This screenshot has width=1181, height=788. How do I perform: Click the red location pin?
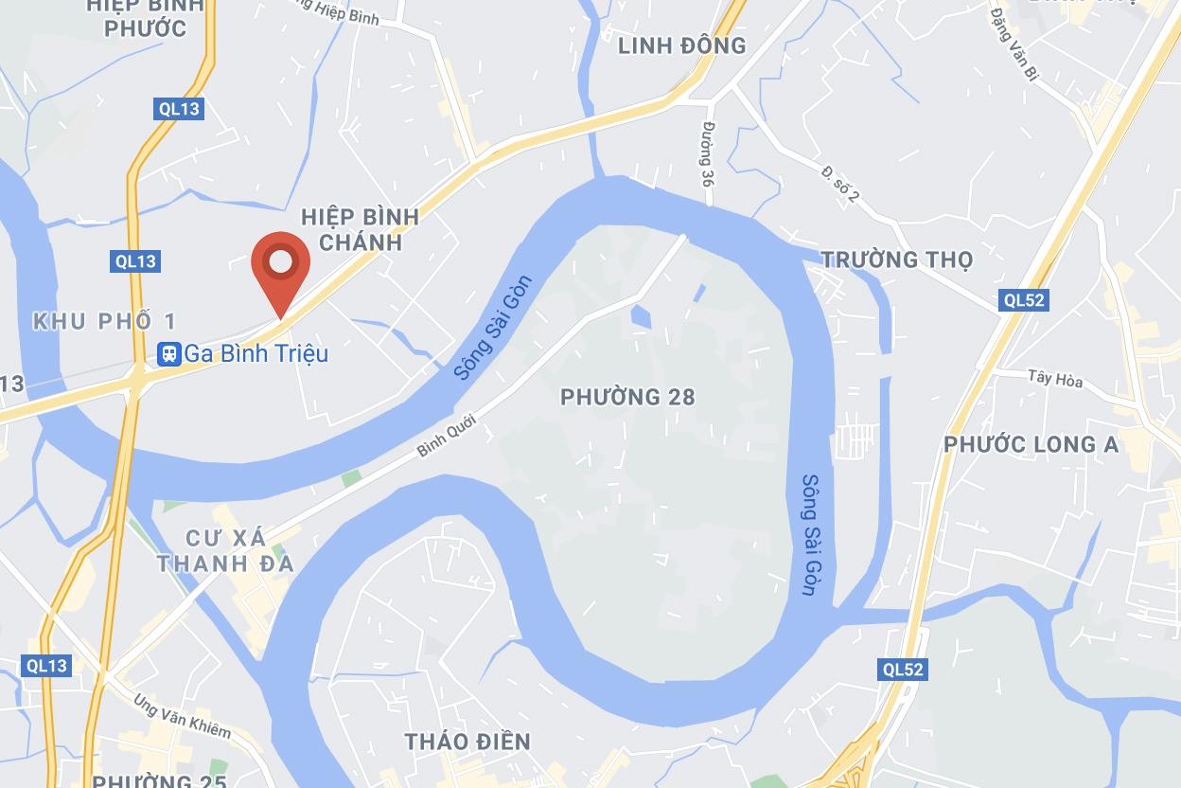coord(281,264)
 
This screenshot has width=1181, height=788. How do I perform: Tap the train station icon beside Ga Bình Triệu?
coord(168,354)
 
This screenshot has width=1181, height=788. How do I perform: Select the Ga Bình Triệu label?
coord(256,354)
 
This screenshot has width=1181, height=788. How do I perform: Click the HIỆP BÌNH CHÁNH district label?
coord(360,229)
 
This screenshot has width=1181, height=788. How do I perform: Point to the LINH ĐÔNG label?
coord(681,45)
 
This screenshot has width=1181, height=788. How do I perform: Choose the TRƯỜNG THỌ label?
coord(896,260)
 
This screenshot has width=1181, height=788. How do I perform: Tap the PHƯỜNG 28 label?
coord(627,397)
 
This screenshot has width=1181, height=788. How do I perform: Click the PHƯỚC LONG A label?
coord(1031,445)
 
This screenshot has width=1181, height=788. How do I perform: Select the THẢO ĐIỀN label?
coord(467,741)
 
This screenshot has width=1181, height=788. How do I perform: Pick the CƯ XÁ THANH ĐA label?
coord(226,551)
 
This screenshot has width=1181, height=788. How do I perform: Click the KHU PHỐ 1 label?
coord(104,321)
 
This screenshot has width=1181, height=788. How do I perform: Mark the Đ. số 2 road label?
coord(839,183)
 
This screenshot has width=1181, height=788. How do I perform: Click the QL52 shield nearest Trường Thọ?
coord(1024,301)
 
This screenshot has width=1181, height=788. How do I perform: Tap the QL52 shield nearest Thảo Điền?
coord(903,670)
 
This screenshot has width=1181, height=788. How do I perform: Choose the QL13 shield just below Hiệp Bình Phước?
coord(179,109)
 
